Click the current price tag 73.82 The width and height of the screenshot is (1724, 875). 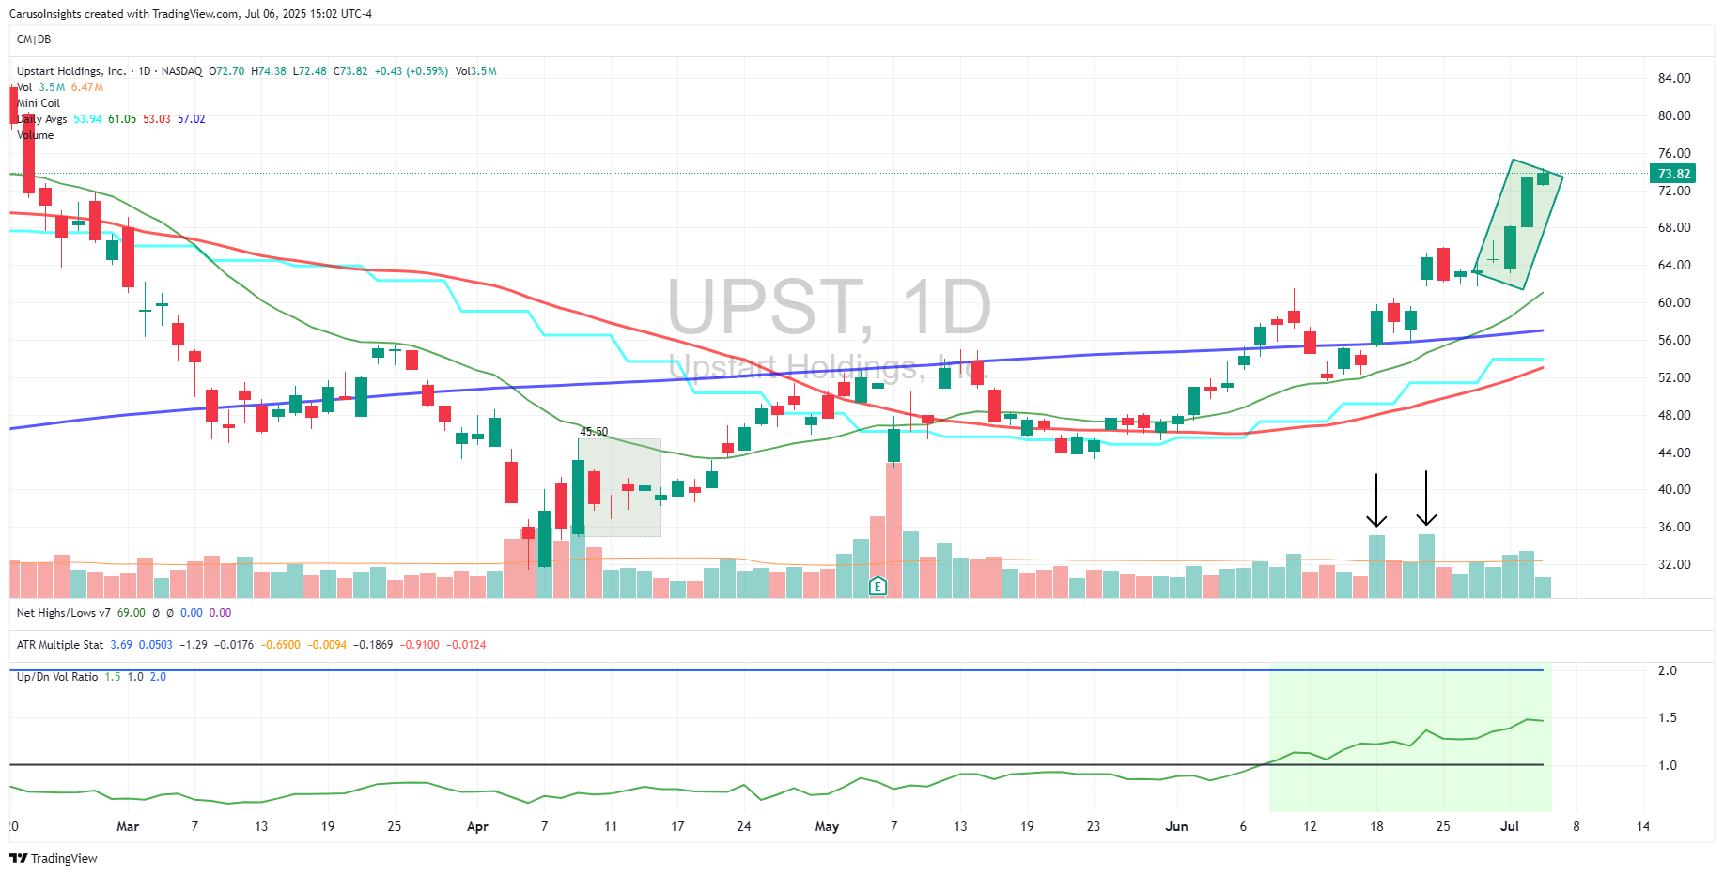click(x=1673, y=174)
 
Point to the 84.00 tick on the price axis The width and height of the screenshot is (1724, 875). click(x=1673, y=78)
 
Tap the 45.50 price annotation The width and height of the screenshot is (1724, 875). click(x=594, y=432)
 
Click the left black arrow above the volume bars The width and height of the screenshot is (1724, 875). click(x=1376, y=500)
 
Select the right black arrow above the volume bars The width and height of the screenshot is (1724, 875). click(x=1426, y=499)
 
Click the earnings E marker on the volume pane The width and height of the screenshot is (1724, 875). click(x=878, y=587)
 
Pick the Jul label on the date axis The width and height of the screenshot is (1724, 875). click(x=1509, y=826)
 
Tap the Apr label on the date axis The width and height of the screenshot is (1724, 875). click(x=477, y=826)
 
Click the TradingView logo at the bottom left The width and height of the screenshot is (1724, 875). click(x=54, y=858)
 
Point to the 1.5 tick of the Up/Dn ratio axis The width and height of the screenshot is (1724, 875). click(x=1667, y=717)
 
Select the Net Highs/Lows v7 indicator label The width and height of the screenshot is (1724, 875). click(x=64, y=613)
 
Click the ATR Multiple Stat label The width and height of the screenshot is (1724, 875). click(x=60, y=645)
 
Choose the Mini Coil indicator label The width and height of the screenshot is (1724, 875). click(x=39, y=103)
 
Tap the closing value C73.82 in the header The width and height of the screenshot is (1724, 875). click(x=350, y=71)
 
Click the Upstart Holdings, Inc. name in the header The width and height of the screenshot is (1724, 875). click(x=71, y=71)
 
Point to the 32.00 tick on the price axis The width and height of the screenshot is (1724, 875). click(x=1673, y=564)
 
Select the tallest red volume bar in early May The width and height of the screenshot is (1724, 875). click(x=893, y=530)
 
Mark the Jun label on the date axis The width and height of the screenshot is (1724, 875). click(x=1176, y=826)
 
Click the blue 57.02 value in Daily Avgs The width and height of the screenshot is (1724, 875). click(x=192, y=119)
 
